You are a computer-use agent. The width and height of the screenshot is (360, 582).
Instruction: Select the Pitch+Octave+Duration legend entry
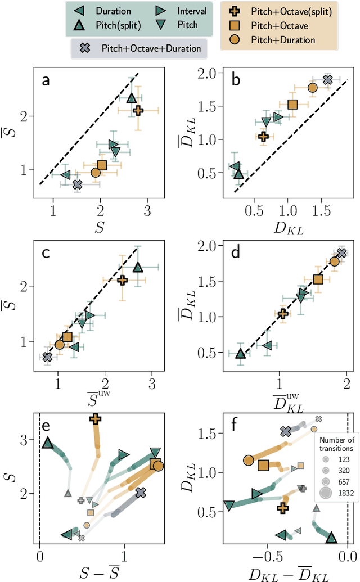point(151,48)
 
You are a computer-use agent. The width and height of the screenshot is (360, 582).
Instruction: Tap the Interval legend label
point(191,11)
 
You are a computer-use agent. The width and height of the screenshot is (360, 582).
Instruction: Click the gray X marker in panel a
point(77,184)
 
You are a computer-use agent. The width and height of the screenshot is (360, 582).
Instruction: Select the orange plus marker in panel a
point(138,111)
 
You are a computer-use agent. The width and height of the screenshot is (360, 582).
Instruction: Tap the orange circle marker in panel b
point(312,87)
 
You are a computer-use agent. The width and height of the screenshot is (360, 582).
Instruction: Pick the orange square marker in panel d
point(318,279)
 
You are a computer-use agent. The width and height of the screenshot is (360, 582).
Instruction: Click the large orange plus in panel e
point(95,418)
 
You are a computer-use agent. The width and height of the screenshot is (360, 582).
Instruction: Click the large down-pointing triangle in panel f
point(229,506)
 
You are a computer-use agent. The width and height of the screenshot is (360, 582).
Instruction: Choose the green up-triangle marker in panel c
point(138,268)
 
